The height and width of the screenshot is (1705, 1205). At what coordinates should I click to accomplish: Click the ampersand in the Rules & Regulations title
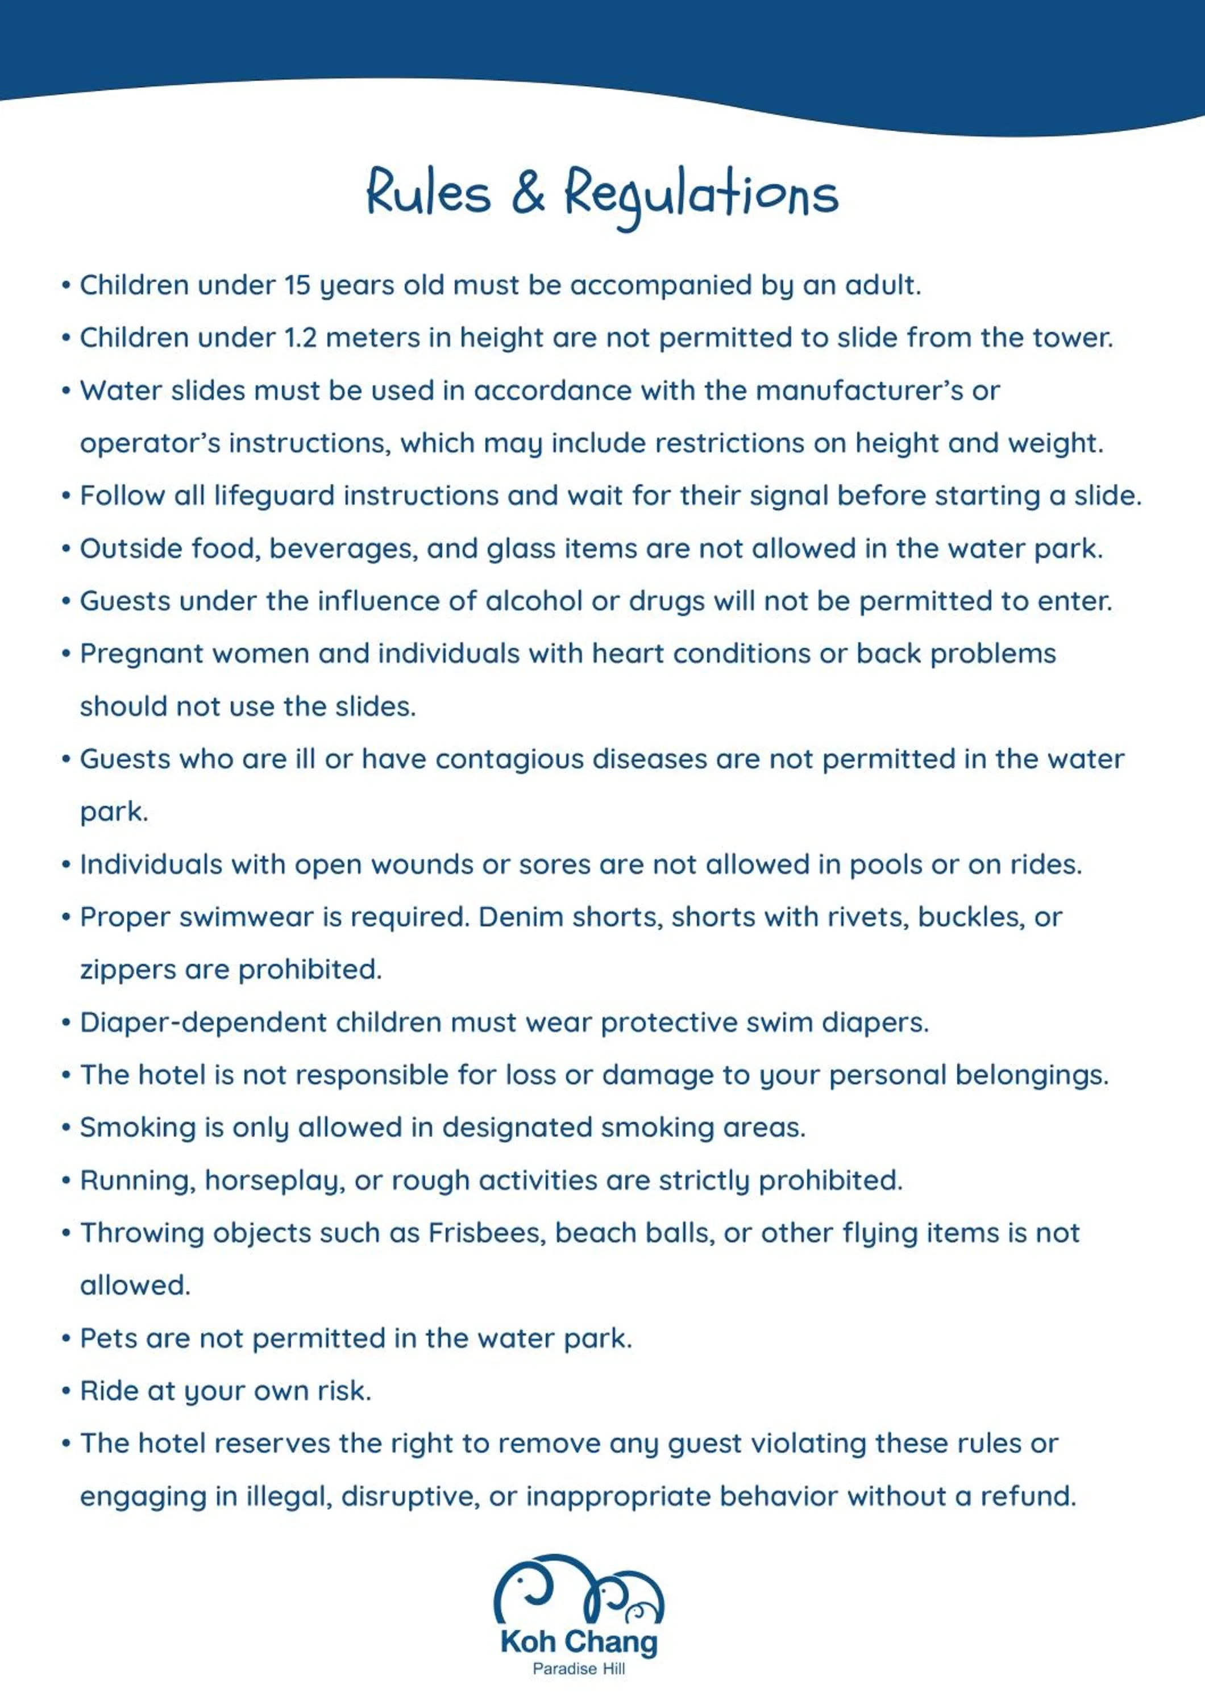pyautogui.click(x=528, y=192)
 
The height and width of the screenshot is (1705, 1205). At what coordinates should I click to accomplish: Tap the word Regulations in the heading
pyautogui.click(x=701, y=194)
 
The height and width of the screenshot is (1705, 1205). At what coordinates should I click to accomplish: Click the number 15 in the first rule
pyautogui.click(x=297, y=285)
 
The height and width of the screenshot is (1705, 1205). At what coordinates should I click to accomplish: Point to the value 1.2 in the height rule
pyautogui.click(x=300, y=338)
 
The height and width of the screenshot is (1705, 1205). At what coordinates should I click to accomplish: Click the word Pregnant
pyautogui.click(x=143, y=654)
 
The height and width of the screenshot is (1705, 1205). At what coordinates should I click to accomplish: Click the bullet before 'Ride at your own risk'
pyautogui.click(x=66, y=1391)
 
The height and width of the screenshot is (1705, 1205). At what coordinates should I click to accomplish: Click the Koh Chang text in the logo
pyautogui.click(x=579, y=1642)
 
